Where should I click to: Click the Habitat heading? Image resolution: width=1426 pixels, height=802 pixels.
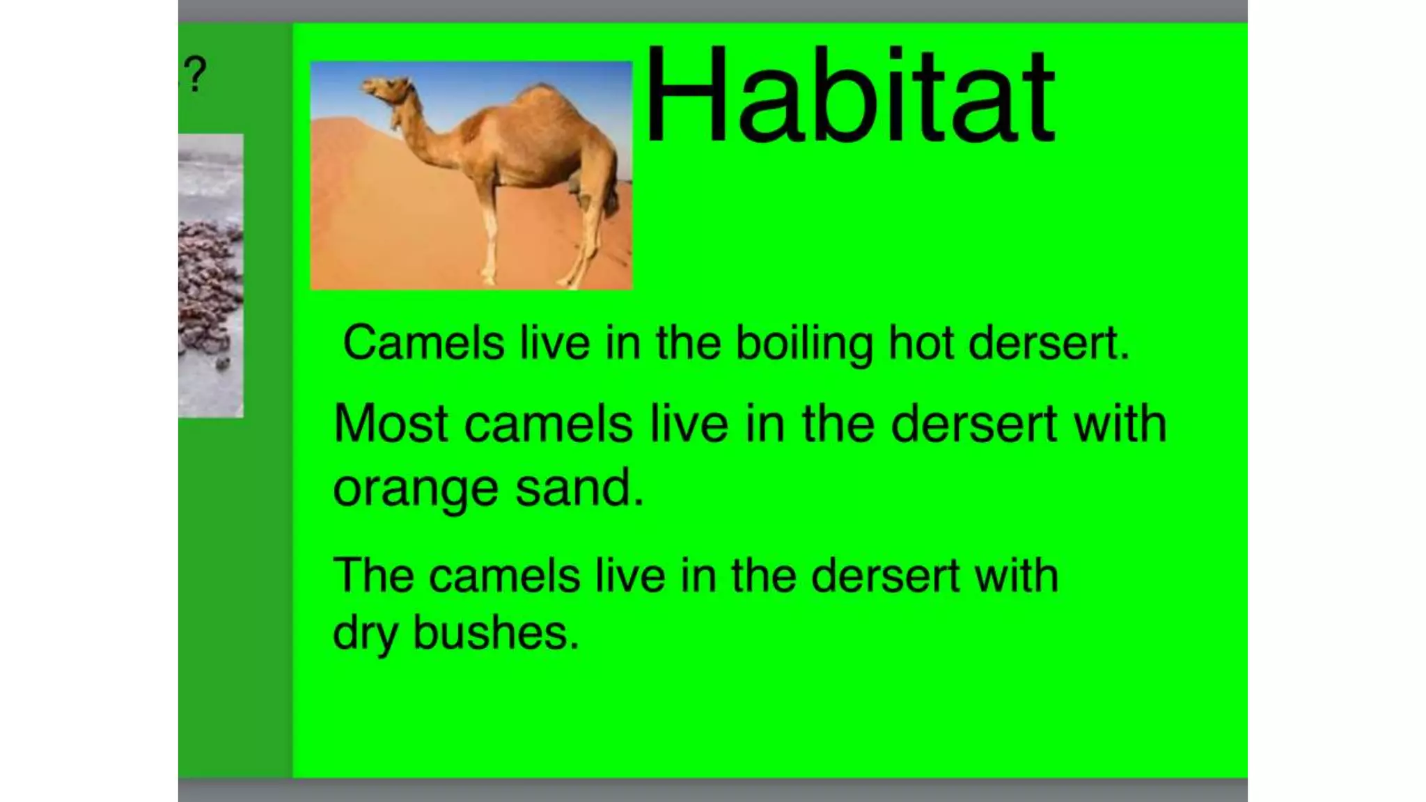point(849,95)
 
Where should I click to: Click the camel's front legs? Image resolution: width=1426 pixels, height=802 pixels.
point(490,237)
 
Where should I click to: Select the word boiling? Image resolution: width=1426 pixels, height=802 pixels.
point(804,344)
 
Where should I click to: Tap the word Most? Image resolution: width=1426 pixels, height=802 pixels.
point(390,423)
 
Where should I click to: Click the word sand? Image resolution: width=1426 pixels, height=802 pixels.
point(579,487)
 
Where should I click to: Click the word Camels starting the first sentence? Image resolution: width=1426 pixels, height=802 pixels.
point(423,343)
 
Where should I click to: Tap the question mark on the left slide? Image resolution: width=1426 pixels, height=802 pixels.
point(196,74)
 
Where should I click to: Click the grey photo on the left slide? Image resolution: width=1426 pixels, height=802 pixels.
point(210,276)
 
